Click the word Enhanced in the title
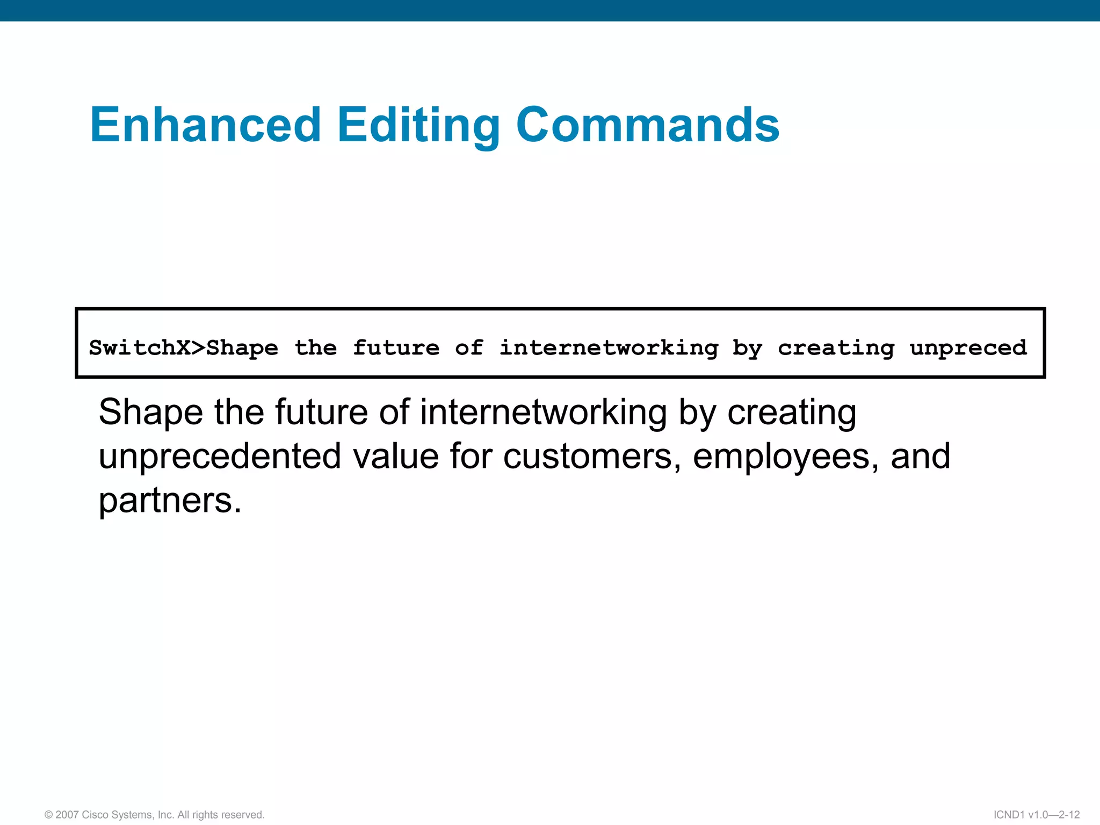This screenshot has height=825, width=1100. click(206, 125)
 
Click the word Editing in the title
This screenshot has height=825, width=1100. click(418, 125)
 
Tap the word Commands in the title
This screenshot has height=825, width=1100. click(647, 125)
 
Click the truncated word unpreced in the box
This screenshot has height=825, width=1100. click(968, 348)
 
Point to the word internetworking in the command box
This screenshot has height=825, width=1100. click(609, 348)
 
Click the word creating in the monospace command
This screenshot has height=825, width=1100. click(836, 348)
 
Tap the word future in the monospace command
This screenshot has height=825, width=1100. click(396, 348)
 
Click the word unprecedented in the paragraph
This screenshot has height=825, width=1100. click(220, 457)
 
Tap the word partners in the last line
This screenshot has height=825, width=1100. click(170, 501)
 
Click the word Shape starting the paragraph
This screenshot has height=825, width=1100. click(150, 412)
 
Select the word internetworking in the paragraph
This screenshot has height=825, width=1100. click(543, 412)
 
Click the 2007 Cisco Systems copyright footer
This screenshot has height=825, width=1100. click(155, 815)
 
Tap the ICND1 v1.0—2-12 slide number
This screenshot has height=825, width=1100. click(1036, 815)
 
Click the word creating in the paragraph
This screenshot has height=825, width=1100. click(792, 412)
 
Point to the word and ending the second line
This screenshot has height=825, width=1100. click(920, 457)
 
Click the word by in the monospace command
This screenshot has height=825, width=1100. click(747, 349)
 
